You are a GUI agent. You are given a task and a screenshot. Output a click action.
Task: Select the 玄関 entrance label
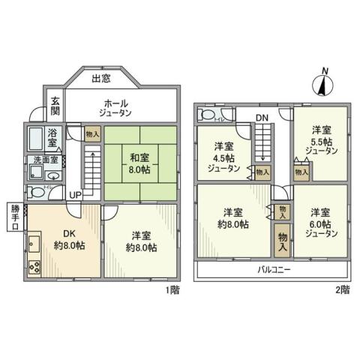55,106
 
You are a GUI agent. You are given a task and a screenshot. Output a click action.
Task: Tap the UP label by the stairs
76,195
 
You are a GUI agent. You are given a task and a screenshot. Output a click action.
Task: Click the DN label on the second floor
261,118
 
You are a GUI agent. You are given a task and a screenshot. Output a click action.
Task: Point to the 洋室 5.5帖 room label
322,139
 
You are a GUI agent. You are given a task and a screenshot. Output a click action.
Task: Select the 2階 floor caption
342,290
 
